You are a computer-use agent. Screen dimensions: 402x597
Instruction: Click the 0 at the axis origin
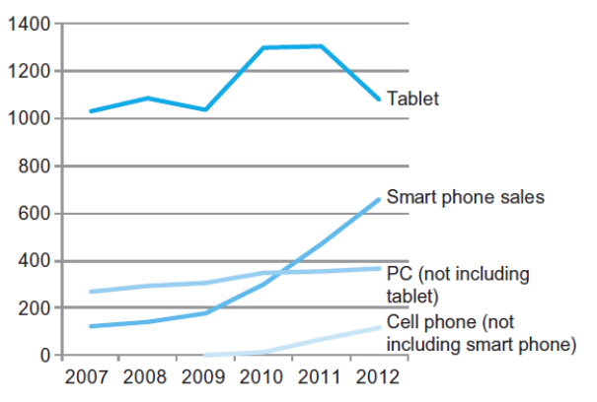pyautogui.click(x=42, y=355)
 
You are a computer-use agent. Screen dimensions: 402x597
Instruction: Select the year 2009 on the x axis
pyautogui.click(x=205, y=378)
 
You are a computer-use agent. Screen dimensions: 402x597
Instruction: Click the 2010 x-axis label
pyautogui.click(x=262, y=378)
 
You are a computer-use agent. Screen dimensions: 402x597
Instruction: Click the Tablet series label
pyautogui.click(x=412, y=99)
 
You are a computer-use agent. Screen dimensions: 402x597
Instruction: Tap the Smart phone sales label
pyautogui.click(x=466, y=197)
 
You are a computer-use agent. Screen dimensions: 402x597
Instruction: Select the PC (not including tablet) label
pyautogui.click(x=458, y=283)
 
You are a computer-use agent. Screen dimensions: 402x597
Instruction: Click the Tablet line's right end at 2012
pyautogui.click(x=379, y=99)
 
